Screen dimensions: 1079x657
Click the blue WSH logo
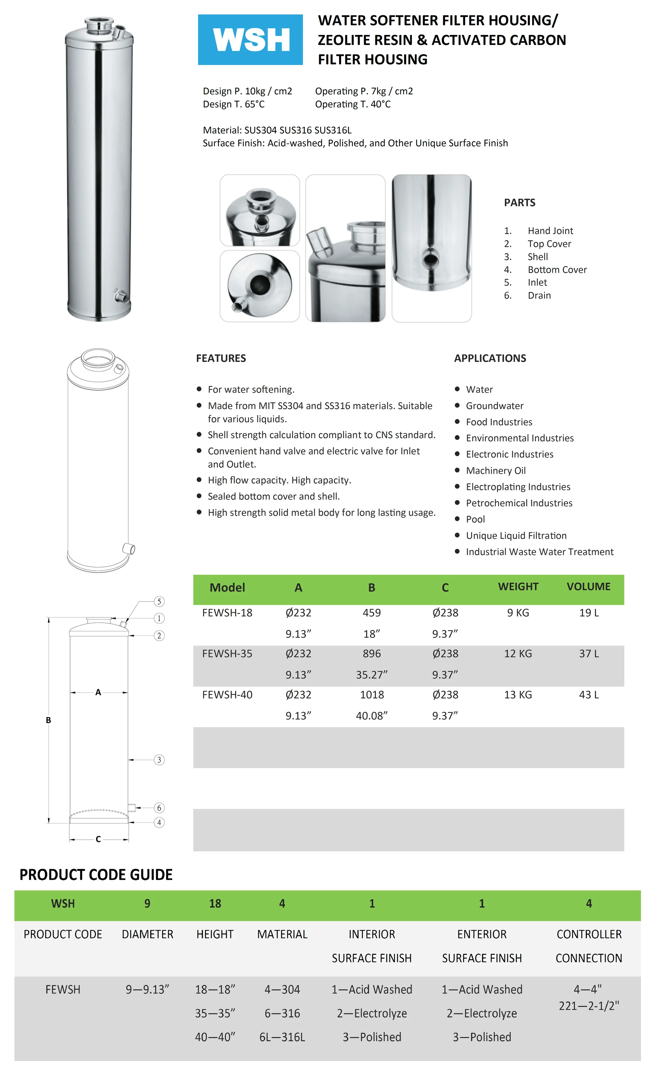coord(250,40)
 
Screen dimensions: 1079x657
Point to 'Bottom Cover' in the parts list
coord(557,270)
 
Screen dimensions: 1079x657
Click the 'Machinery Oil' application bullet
coord(496,471)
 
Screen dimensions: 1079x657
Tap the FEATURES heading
coord(221,358)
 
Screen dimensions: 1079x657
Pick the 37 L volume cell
coord(588,654)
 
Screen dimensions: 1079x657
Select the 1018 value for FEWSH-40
coord(371,695)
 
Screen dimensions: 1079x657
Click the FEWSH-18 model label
coord(227,613)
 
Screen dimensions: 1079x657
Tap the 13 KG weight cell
coord(518,695)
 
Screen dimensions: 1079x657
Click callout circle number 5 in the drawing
coord(159,602)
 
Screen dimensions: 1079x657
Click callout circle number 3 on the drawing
coord(159,760)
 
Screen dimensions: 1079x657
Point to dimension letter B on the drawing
coord(48,720)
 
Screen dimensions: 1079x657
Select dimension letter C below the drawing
coord(98,839)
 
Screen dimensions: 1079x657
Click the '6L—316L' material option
coord(282,1037)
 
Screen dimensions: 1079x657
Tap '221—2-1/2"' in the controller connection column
coord(588,1006)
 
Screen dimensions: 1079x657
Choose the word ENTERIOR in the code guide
coord(482,935)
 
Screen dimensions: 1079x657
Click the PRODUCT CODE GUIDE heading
coord(96,875)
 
